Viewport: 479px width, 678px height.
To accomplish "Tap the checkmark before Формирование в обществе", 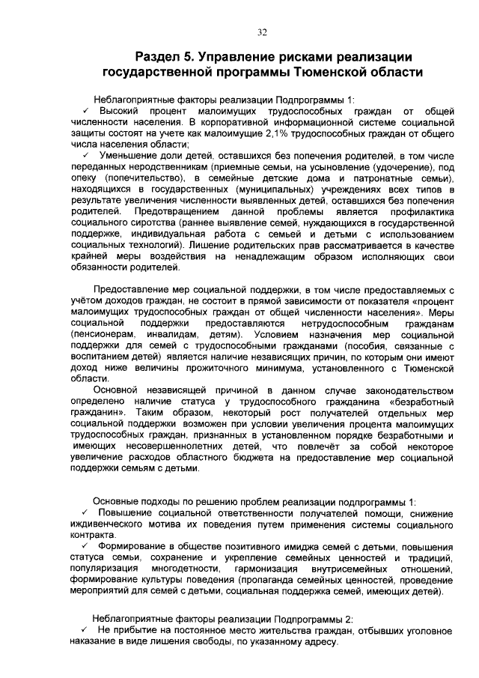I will (x=87, y=548).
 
